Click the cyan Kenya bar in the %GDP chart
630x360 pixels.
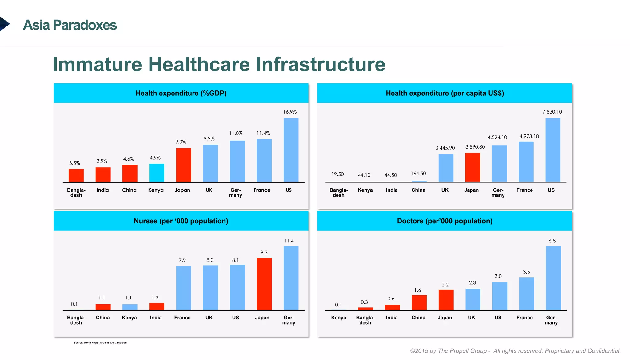pyautogui.click(x=157, y=173)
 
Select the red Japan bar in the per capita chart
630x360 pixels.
pyautogui.click(x=472, y=167)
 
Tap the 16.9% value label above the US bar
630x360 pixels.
pyautogui.click(x=290, y=112)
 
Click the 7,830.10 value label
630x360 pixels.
pyautogui.click(x=552, y=112)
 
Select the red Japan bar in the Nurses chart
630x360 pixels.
pyautogui.click(x=264, y=284)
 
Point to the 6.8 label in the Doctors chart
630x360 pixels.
pyautogui.click(x=552, y=241)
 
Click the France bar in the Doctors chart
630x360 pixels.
pyautogui.click(x=526, y=294)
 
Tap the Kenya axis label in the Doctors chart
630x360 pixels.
pyautogui.click(x=338, y=318)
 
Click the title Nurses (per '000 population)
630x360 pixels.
pyautogui.click(x=181, y=221)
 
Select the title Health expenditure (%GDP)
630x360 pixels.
pyautogui.click(x=181, y=93)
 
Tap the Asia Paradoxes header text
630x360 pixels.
pyautogui.click(x=70, y=25)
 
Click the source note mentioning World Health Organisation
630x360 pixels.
pyautogui.click(x=100, y=342)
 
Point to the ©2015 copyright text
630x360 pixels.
pyautogui.click(x=515, y=351)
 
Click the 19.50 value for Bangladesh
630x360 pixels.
pyautogui.click(x=337, y=174)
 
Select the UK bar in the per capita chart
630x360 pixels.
pyautogui.click(x=446, y=168)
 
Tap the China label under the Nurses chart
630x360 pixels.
pyautogui.click(x=102, y=318)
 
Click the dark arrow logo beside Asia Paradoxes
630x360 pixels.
pyautogui.click(x=4, y=24)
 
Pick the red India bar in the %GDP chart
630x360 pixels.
pyautogui.click(x=103, y=174)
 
